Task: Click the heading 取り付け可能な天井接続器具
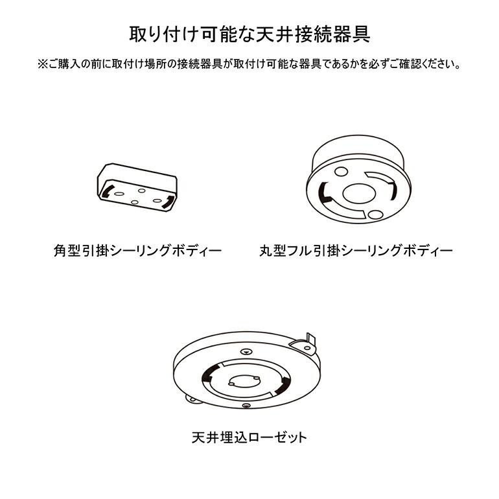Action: point(250,34)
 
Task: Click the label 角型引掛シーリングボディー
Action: point(137,250)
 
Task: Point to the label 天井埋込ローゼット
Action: point(250,437)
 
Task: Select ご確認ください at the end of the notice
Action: point(428,65)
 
